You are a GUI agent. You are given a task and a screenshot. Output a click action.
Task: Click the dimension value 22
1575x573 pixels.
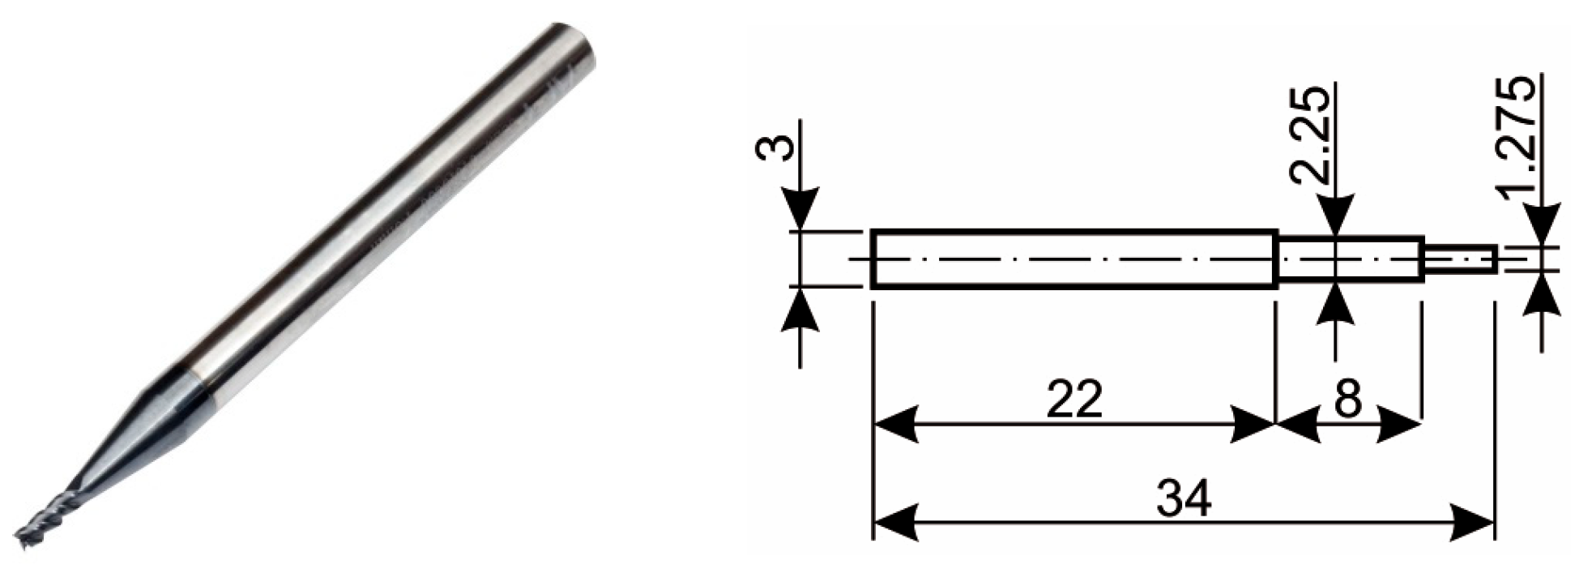point(1073,400)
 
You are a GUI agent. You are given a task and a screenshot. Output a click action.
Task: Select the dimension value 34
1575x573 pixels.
point(1184,498)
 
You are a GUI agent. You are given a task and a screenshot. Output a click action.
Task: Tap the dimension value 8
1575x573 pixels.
point(1347,400)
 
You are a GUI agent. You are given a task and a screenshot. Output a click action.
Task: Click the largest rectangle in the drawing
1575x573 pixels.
point(1073,259)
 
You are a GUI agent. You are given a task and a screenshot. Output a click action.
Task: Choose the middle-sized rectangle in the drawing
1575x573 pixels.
point(1350,259)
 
